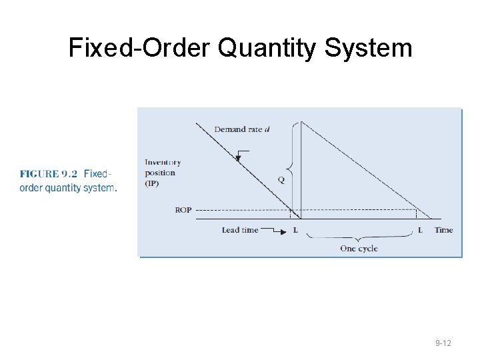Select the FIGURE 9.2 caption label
[49, 174]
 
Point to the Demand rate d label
[242, 129]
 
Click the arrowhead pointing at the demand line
[238, 158]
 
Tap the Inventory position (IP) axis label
[162, 173]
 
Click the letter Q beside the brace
[281, 179]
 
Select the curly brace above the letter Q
[289, 149]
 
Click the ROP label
[183, 210]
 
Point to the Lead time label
[240, 231]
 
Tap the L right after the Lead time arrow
[295, 231]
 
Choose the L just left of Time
[419, 231]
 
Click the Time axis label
[443, 231]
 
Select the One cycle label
[359, 249]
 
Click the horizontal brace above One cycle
[359, 238]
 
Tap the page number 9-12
[443, 343]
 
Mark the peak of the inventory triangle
[302, 122]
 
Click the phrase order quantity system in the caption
[67, 188]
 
